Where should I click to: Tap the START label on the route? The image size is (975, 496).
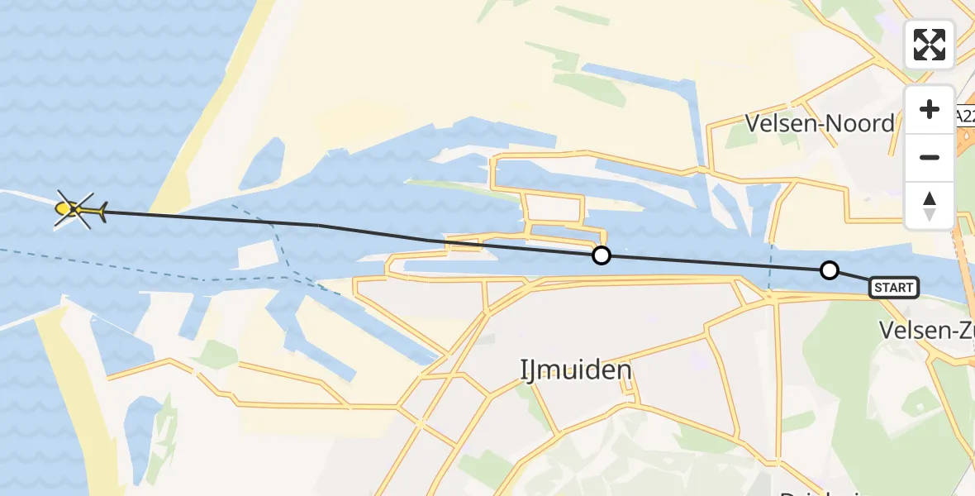(x=894, y=288)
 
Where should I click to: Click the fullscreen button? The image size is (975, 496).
(x=930, y=45)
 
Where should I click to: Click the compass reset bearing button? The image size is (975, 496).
(x=930, y=205)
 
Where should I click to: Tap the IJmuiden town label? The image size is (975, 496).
(x=576, y=370)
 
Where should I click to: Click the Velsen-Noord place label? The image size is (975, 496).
(x=820, y=124)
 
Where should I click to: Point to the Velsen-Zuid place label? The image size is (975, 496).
(x=925, y=331)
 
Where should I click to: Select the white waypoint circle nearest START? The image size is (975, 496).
(x=829, y=270)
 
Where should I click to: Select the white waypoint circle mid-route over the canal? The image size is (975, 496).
(x=602, y=255)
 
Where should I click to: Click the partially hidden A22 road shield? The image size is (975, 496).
(x=965, y=117)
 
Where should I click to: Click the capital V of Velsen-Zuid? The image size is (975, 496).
(x=886, y=331)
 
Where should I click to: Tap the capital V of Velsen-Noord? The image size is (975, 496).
(x=753, y=124)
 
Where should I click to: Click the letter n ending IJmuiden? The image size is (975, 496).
(x=625, y=370)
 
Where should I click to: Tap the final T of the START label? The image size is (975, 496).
(x=910, y=288)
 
